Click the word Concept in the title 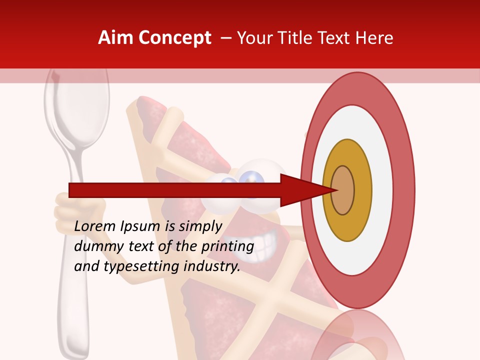coord(174,38)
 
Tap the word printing coord(227,246)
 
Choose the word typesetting coord(141,266)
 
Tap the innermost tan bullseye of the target coord(343,190)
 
